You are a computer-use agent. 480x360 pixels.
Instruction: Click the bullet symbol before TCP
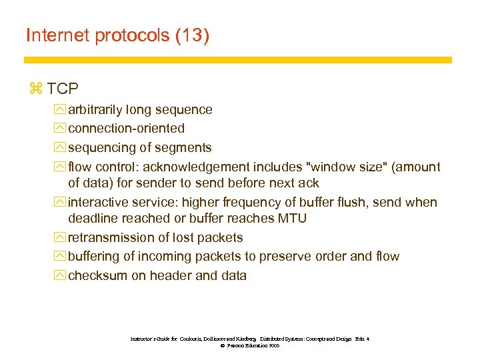point(36,88)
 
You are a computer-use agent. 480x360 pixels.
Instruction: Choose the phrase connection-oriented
point(126,128)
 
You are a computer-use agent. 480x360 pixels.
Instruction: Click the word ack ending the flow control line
point(307,183)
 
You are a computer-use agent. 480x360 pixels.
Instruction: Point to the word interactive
point(98,202)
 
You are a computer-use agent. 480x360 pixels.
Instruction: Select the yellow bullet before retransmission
point(61,237)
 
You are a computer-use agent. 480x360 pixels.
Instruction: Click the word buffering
point(95,257)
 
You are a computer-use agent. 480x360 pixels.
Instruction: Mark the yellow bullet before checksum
point(61,275)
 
